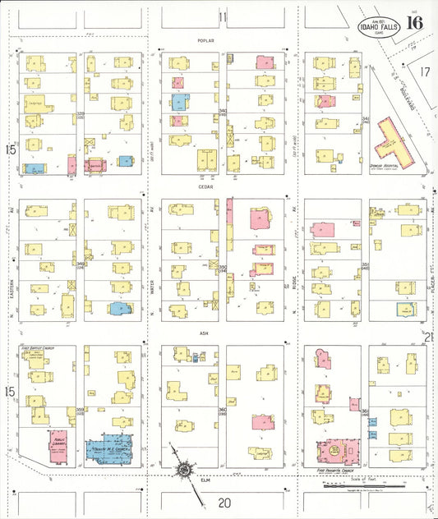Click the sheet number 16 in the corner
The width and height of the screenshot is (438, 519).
414,22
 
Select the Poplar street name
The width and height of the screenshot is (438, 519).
205,40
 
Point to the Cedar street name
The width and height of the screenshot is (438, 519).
205,186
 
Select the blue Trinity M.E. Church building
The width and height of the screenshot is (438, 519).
116,449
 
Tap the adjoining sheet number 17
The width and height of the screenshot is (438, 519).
424,72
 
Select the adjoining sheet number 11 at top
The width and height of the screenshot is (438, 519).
222,16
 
